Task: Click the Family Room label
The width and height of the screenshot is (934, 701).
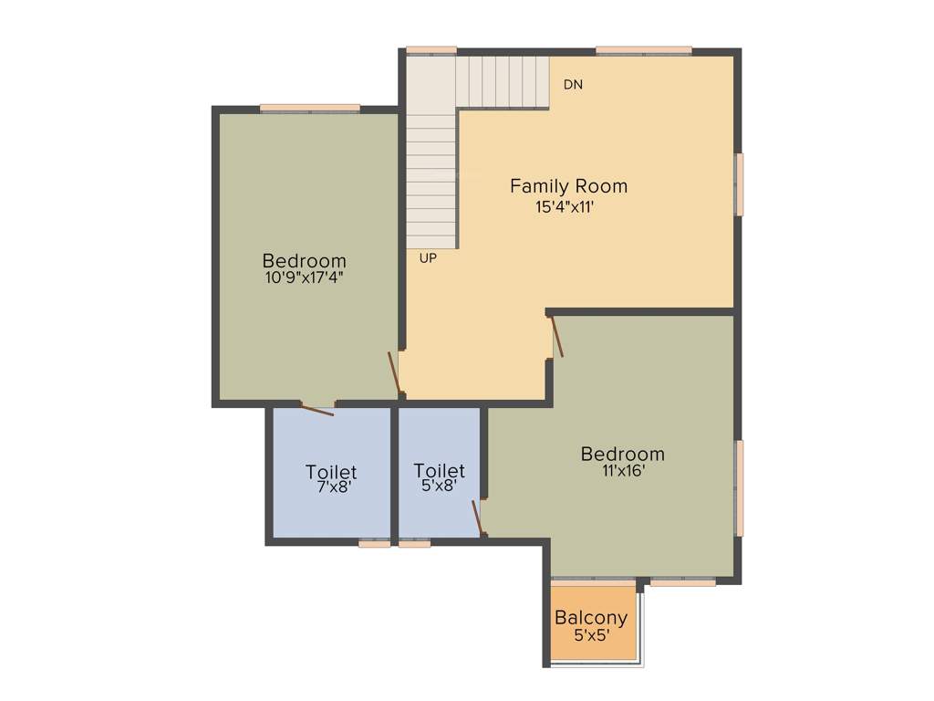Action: coord(568,186)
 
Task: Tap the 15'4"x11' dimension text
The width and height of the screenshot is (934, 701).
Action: coord(566,207)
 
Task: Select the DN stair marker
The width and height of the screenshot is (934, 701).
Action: coord(573,85)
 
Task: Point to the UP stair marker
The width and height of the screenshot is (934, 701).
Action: coord(428,258)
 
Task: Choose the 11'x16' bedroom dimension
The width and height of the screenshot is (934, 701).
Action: coord(622,472)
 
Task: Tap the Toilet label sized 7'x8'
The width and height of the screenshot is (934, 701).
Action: coord(331,472)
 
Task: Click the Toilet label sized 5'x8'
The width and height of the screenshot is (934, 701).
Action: coord(439,471)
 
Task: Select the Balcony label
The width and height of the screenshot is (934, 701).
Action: coord(591,618)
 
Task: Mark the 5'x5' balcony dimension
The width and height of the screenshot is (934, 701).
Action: coord(591,635)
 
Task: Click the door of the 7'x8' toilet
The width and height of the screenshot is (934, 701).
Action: coord(317,409)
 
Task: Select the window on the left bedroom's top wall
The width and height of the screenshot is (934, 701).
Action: coord(309,108)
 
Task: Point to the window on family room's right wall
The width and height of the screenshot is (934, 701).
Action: coord(740,184)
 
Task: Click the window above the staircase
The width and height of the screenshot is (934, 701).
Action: coord(431,49)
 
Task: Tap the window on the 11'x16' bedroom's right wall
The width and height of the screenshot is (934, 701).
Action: coord(740,487)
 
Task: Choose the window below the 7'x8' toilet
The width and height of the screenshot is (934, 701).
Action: coord(374,543)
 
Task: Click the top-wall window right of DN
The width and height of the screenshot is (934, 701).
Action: coord(644,49)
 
